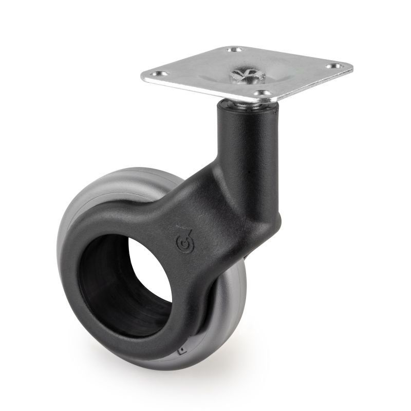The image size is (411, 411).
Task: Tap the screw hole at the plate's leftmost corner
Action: [x=162, y=73]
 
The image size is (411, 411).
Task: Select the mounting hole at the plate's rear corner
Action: [x=236, y=50]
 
